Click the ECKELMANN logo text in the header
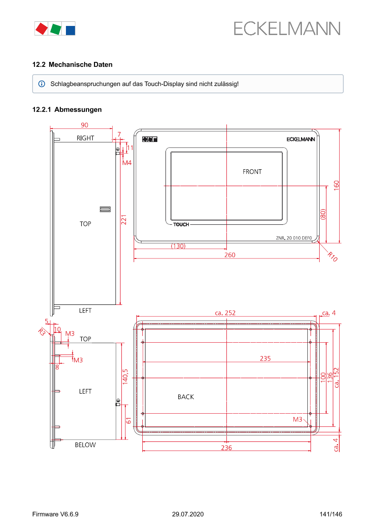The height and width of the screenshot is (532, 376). tap(287, 29)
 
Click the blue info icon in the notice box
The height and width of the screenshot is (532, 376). tap(42, 84)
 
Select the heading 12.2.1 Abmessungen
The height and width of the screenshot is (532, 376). tap(67, 110)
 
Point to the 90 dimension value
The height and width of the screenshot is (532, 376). tap(85, 125)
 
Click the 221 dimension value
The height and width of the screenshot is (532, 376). tap(124, 221)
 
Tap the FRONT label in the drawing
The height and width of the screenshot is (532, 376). tap(252, 172)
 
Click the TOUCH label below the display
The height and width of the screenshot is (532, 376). tap(181, 225)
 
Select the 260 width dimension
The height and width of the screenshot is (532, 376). tap(230, 255)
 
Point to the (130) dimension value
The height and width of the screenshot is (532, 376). tap(178, 246)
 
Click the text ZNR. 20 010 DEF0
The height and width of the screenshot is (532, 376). tap(294, 238)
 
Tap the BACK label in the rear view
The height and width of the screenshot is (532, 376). tap(185, 397)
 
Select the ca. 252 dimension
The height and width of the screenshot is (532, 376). tap(225, 313)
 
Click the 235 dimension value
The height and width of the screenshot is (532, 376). tap(265, 359)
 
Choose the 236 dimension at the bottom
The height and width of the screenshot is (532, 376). tap(226, 448)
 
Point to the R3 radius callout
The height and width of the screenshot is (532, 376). tap(42, 332)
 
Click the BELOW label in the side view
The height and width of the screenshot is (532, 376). tap(85, 445)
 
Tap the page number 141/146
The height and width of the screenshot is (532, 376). tap(331, 514)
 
